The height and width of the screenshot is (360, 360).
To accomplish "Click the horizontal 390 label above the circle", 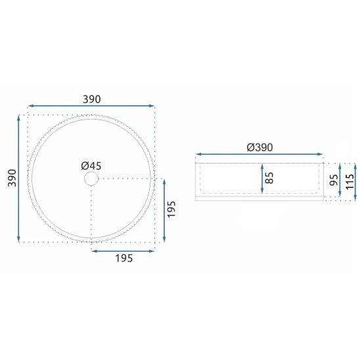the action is click(x=91, y=99).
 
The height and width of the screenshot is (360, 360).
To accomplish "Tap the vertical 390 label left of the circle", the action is click(x=12, y=178).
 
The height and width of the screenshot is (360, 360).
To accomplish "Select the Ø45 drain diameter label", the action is click(x=91, y=166).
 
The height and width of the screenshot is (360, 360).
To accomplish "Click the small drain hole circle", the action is click(x=91, y=179).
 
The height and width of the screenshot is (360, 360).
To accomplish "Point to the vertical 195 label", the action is click(x=171, y=209).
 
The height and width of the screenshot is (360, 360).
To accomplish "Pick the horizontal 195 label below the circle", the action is click(x=124, y=258).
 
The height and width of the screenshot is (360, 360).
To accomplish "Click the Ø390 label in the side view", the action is click(x=259, y=147).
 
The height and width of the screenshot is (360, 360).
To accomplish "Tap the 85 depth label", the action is click(x=269, y=178).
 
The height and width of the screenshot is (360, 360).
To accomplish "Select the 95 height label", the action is click(x=334, y=180).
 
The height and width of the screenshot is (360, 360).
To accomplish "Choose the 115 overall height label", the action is click(x=349, y=181).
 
